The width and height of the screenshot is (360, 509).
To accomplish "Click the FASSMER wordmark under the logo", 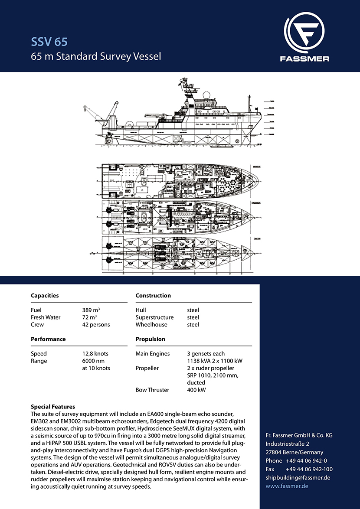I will coord(306,59).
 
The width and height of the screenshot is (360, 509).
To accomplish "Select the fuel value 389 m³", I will coord(92,310).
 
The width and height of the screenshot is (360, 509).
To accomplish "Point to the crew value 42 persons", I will coord(96,324).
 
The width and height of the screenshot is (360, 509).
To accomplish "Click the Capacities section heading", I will coord(45,295).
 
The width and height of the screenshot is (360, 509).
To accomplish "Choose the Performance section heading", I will coord(48,339).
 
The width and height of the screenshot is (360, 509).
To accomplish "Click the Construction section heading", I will coord(153,295).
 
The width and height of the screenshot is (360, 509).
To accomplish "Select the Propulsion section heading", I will coord(150,339).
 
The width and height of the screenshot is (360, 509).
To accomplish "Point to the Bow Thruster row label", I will coord(152,390).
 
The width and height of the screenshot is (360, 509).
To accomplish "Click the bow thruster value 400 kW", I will coord(196,390).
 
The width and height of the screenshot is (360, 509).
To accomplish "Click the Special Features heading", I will coord(53,407).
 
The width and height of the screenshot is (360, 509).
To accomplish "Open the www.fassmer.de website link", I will coord(287,486).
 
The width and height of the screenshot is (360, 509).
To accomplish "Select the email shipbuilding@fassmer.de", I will coord(298,477).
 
